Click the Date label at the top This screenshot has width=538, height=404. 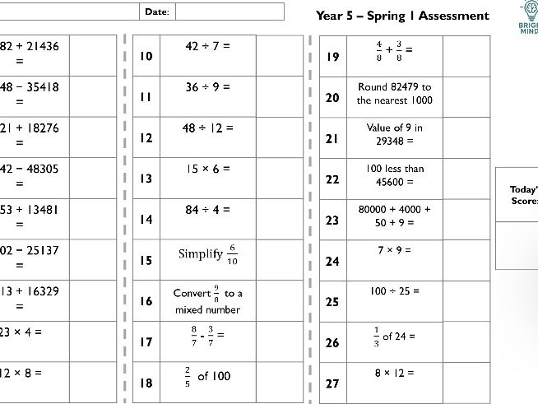[x=156, y=12]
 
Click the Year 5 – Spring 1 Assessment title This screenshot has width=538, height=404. [x=402, y=16]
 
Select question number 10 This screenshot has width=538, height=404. [x=146, y=56]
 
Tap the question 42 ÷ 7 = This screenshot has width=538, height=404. [x=207, y=46]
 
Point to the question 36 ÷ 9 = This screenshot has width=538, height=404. [x=207, y=86]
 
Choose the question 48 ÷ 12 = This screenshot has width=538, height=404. [x=207, y=128]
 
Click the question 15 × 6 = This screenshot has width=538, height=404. [x=207, y=169]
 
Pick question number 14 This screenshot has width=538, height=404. [x=146, y=220]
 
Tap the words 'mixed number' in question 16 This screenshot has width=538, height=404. [x=207, y=310]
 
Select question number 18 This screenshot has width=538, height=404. [x=146, y=383]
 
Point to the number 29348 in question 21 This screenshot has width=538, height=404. [x=394, y=142]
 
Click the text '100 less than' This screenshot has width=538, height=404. [x=394, y=169]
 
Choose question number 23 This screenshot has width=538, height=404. [x=332, y=220]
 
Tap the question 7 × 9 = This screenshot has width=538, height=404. [x=394, y=249]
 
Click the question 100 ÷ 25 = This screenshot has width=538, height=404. [x=394, y=290]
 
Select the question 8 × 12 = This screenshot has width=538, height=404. [x=394, y=372]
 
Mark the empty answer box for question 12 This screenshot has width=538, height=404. [x=280, y=137]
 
